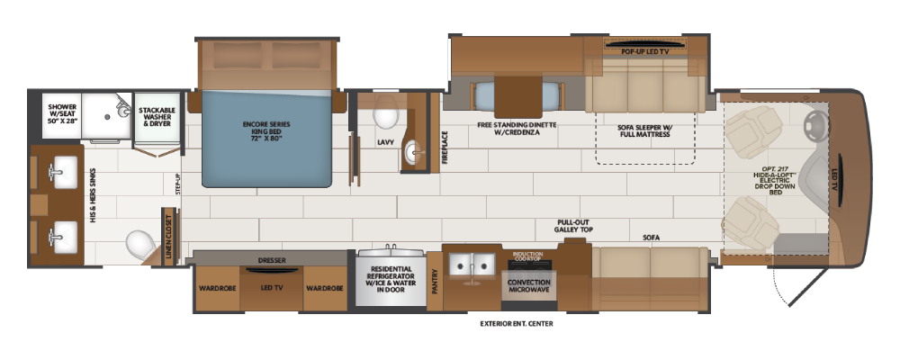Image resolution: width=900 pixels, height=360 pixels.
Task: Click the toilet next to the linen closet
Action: pyautogui.click(x=140, y=245)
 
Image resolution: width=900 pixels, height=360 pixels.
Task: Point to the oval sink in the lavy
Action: pyautogui.click(x=414, y=152)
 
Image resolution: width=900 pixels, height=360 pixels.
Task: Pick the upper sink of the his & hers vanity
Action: pyautogui.click(x=62, y=171)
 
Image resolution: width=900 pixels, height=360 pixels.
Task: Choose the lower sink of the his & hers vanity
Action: pyautogui.click(x=62, y=237)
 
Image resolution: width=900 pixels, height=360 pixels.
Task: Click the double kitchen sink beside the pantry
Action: pyautogui.click(x=472, y=265)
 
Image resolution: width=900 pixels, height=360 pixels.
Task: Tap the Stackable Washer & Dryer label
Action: pyautogui.click(x=157, y=115)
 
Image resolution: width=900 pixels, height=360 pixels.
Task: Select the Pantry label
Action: pyautogui.click(x=435, y=283)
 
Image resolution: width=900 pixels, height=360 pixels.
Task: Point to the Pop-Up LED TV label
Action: pyautogui.click(x=645, y=51)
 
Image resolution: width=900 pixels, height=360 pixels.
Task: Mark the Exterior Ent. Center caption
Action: pyautogui.click(x=516, y=324)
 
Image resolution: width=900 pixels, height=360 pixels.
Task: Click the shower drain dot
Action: pyautogui.click(x=107, y=116)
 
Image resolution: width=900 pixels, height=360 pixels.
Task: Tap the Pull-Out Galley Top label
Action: pyautogui.click(x=573, y=226)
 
